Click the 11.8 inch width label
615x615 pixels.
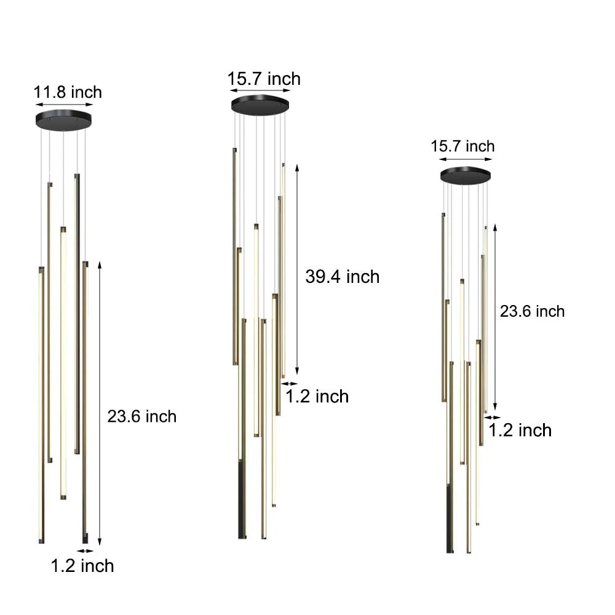68,93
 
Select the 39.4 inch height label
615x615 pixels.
343,277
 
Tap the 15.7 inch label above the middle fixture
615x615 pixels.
264,79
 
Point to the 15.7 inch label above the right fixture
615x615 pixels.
462,146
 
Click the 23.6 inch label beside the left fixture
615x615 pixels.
142,416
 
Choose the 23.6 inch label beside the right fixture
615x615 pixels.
532,311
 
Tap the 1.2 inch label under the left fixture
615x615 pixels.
82,565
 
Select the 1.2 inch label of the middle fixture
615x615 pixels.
317,396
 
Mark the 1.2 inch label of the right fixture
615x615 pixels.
520,430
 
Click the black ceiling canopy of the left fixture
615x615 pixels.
63,119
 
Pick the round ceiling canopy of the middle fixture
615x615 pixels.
261,105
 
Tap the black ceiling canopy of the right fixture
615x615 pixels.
466,175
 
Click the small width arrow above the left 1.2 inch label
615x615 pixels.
82,551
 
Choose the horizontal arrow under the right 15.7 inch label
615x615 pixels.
466,159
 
